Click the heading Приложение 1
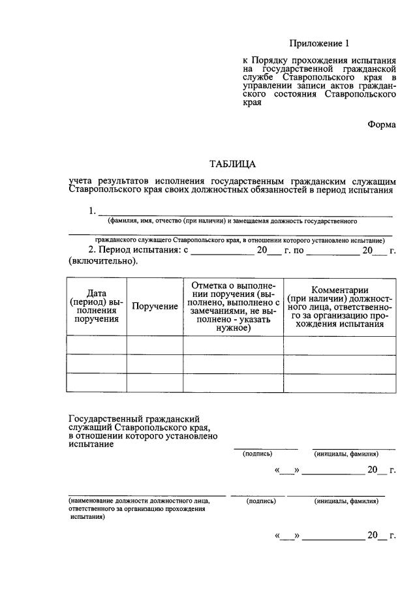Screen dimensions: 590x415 [x=320, y=44]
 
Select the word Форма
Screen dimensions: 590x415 [x=382, y=125]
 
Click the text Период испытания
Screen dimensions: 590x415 [x=135, y=250]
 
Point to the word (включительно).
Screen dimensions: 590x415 [x=103, y=260]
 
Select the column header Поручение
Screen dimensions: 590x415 [x=155, y=306]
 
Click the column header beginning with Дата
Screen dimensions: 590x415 [x=97, y=306]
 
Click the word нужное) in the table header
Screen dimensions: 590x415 [x=234, y=328]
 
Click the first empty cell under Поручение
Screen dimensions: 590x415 [x=155, y=345]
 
